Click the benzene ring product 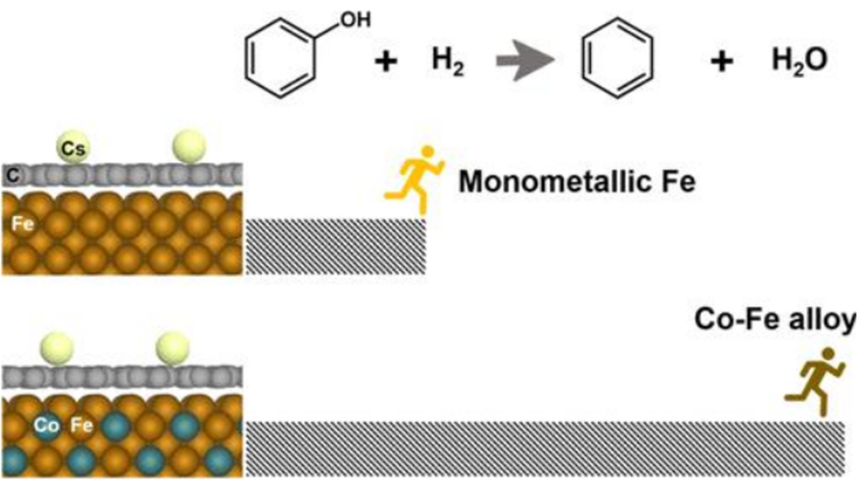tap(616, 63)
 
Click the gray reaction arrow tap(525, 64)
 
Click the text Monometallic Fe tap(576, 182)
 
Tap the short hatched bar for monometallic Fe tap(335, 246)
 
